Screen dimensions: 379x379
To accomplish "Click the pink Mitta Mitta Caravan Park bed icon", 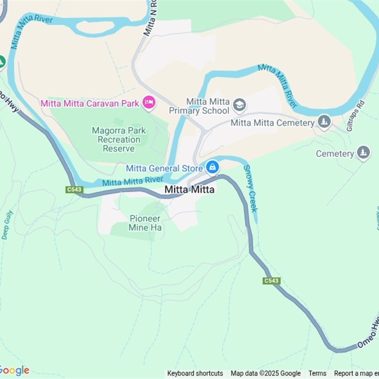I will point(149,102).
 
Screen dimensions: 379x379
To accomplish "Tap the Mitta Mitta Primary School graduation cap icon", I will point(240,105).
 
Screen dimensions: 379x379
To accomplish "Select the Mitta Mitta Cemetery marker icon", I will point(324,122).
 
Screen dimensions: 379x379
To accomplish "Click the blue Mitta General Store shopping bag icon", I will point(212,167).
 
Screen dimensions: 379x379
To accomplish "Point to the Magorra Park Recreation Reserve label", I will point(119,139).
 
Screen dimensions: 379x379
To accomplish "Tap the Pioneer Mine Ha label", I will point(145,223).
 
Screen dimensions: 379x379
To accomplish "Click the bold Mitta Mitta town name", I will point(189,189).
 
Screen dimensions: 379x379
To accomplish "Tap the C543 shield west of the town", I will point(74,189).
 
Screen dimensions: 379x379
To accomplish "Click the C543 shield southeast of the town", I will point(271,281).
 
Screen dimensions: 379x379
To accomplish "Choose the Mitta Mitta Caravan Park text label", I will point(90,103).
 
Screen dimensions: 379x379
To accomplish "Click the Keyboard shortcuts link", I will point(195,373).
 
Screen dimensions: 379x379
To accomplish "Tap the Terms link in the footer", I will point(317,373).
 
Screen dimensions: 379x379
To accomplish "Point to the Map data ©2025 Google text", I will point(266,373).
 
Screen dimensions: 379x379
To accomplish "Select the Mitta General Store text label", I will point(160,168).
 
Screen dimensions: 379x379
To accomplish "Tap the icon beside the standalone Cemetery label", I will point(363,153).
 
